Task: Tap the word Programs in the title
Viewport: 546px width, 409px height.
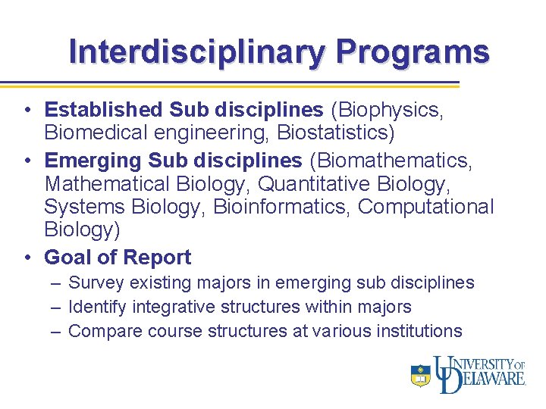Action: point(413,52)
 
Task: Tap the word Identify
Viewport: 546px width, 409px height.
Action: point(97,307)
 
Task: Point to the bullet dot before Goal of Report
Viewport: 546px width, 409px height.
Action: point(27,258)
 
